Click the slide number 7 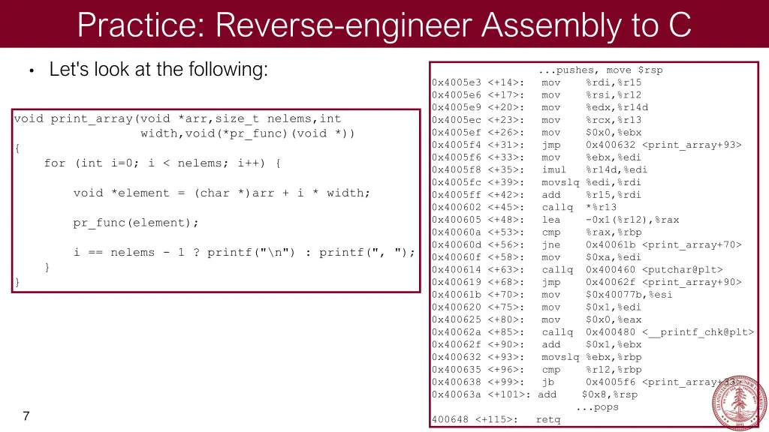pos(26,415)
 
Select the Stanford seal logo pos(739,403)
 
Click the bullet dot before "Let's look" pos(31,71)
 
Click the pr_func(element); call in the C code pos(136,223)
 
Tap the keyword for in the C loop pos(55,163)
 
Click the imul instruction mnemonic pos(553,169)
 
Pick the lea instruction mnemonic pos(550,220)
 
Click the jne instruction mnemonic pos(550,244)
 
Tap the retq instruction pos(547,419)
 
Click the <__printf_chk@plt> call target pos(698,332)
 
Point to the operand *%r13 pos(601,207)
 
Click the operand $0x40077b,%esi pos(629,295)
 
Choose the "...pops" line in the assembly pos(597,407)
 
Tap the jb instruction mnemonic pos(547,382)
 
